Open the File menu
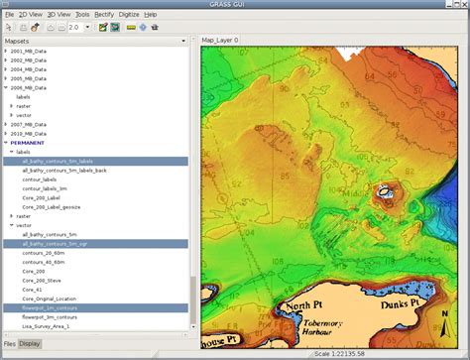9,15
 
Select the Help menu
151,15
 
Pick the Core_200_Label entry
42,197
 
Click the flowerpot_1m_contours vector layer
56,307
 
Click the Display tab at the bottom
30,343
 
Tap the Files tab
9,343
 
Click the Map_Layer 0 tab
220,40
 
